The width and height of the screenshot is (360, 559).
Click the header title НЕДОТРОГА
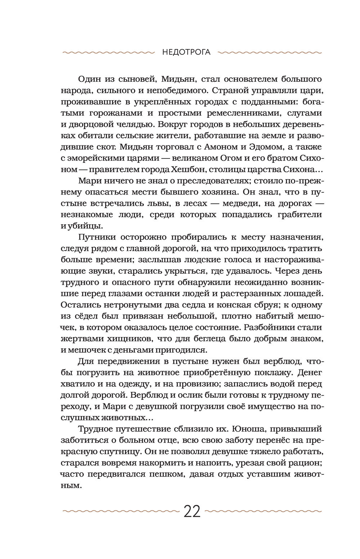pos(186,52)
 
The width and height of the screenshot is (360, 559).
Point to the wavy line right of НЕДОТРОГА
pos(270,53)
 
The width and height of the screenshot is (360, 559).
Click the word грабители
pos(300,214)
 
